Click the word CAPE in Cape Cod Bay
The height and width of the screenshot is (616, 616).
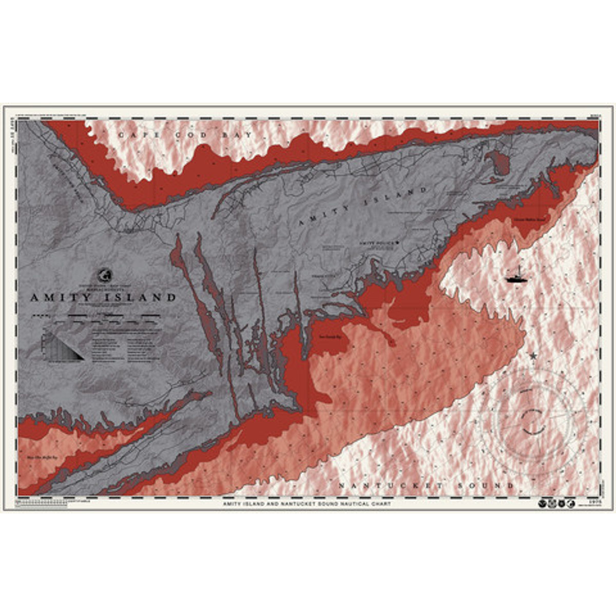[x=134, y=135]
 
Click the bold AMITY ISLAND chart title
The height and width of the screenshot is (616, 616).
[x=103, y=297]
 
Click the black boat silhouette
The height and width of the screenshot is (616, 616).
[x=515, y=279]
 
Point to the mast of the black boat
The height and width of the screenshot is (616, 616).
[x=518, y=270]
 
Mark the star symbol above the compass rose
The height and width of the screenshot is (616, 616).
[x=533, y=355]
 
